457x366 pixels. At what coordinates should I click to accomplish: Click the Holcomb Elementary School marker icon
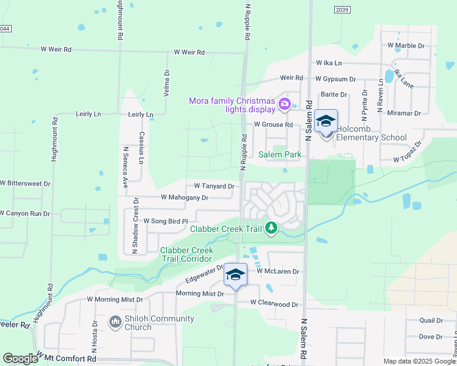pos(326,121)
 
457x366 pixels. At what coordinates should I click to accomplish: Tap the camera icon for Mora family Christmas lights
pos(284,104)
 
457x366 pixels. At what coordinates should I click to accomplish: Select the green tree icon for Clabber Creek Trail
pos(271,229)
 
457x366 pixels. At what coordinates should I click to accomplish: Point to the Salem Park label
pos(280,154)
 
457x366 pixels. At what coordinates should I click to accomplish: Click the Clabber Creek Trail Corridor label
pos(186,254)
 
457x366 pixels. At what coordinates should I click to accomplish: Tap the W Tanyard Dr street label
pos(214,186)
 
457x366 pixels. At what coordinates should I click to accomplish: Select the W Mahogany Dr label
pos(185,198)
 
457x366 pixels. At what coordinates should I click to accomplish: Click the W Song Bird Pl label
pos(165,220)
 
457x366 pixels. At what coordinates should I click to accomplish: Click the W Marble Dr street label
pos(406,46)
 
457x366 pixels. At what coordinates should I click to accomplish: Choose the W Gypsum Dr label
pos(335,79)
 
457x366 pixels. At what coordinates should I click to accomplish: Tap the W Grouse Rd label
pos(273,124)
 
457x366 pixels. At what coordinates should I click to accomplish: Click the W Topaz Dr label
pos(408,152)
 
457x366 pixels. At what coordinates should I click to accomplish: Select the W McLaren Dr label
pos(277,271)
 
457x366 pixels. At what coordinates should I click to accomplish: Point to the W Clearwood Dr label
pos(274,304)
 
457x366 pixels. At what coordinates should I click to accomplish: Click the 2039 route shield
pos(342,9)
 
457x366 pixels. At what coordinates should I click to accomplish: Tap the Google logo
pos(20,359)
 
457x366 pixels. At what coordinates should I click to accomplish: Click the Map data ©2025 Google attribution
pos(419,361)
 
